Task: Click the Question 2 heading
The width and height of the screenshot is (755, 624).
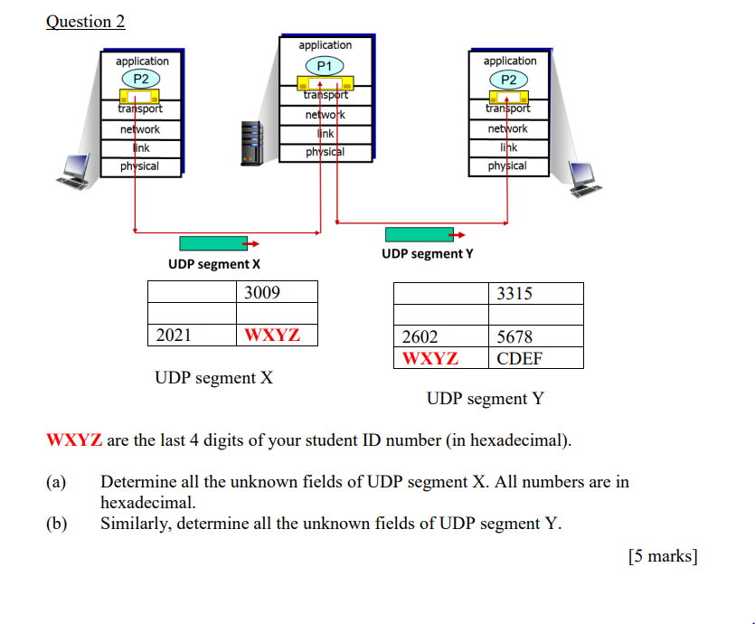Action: [x=86, y=22]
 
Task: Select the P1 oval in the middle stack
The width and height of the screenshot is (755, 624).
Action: [x=325, y=65]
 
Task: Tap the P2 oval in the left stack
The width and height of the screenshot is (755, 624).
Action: [x=141, y=79]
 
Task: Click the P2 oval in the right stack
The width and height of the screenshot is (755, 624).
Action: [x=509, y=80]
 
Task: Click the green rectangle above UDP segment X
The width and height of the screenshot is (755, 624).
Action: [x=213, y=243]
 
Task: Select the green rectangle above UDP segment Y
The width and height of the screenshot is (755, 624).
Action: [x=419, y=234]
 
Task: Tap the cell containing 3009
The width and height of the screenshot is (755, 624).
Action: [x=277, y=292]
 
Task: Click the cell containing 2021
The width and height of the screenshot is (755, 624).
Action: [x=192, y=336]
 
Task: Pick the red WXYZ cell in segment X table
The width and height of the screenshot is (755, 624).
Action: [x=277, y=336]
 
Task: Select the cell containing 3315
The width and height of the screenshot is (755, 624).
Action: [x=535, y=293]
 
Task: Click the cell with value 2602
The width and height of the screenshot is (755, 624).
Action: [x=440, y=336]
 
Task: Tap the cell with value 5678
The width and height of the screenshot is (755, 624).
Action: [x=535, y=336]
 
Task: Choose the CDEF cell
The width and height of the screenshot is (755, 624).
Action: [x=535, y=358]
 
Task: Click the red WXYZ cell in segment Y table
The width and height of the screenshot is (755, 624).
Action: [x=440, y=358]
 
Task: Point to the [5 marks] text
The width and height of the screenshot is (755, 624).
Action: [x=663, y=556]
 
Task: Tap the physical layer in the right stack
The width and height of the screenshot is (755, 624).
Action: [x=507, y=166]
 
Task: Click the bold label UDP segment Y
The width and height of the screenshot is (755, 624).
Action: [x=427, y=254]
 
